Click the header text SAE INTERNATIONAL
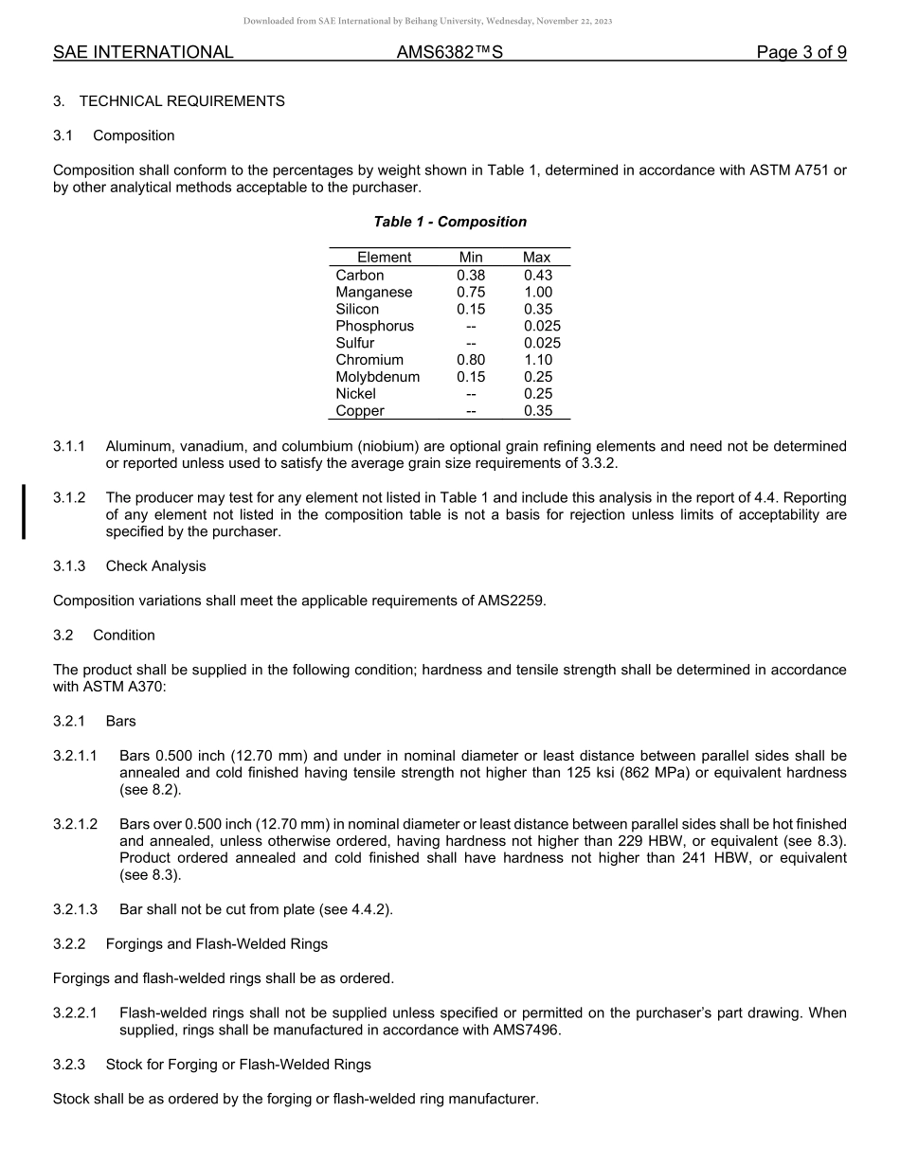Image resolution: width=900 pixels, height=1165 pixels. (143, 53)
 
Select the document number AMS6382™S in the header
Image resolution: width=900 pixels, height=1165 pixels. (449, 53)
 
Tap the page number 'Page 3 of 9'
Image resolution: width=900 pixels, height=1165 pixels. (801, 53)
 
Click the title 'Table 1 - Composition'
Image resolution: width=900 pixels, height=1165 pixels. (450, 222)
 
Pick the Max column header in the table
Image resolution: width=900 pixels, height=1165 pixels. (536, 258)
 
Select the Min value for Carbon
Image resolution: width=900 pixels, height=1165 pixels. (471, 276)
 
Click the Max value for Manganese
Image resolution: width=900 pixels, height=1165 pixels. (537, 293)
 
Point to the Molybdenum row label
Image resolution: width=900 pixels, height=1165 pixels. (377, 377)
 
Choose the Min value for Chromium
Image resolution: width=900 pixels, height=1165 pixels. (471, 360)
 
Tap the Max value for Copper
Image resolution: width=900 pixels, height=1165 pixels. (537, 411)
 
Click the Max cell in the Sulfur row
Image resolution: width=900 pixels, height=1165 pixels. (542, 343)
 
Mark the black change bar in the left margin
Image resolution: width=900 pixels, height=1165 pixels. (24, 511)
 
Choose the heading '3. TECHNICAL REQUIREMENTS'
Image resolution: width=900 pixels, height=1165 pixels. (169, 101)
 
